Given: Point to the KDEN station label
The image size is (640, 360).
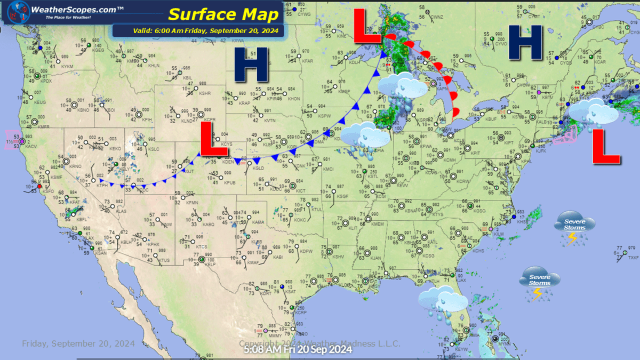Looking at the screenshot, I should pos(228,162).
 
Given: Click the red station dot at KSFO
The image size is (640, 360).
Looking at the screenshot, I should pos(39,186).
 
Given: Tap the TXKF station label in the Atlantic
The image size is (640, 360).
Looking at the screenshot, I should pos(633,258).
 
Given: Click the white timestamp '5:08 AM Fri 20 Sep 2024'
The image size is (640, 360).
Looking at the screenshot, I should pos(298,350).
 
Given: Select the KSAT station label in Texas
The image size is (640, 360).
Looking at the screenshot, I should pos(290,291).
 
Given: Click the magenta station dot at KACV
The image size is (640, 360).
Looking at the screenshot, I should pos(21,140).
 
